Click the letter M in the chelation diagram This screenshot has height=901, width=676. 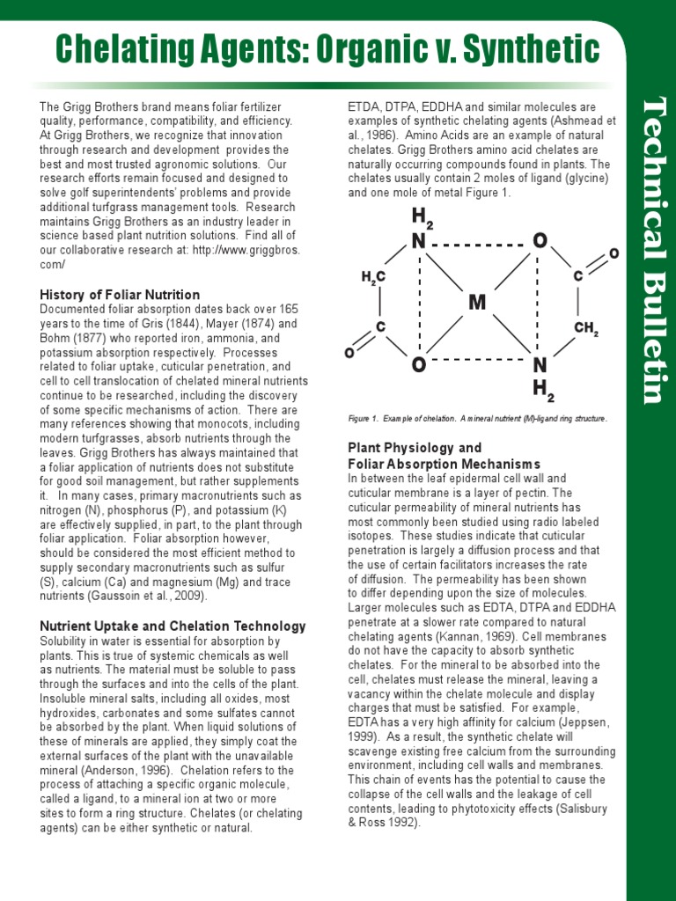point(477,303)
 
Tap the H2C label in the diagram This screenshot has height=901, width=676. point(373,277)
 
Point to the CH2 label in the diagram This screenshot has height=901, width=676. point(586,329)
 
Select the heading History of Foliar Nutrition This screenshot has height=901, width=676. point(120,295)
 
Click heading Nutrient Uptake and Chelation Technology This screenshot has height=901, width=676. point(173,626)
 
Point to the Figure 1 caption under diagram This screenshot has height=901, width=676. point(477,419)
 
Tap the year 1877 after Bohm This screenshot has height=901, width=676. point(94,338)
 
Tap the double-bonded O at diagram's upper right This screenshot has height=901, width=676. point(614,253)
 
